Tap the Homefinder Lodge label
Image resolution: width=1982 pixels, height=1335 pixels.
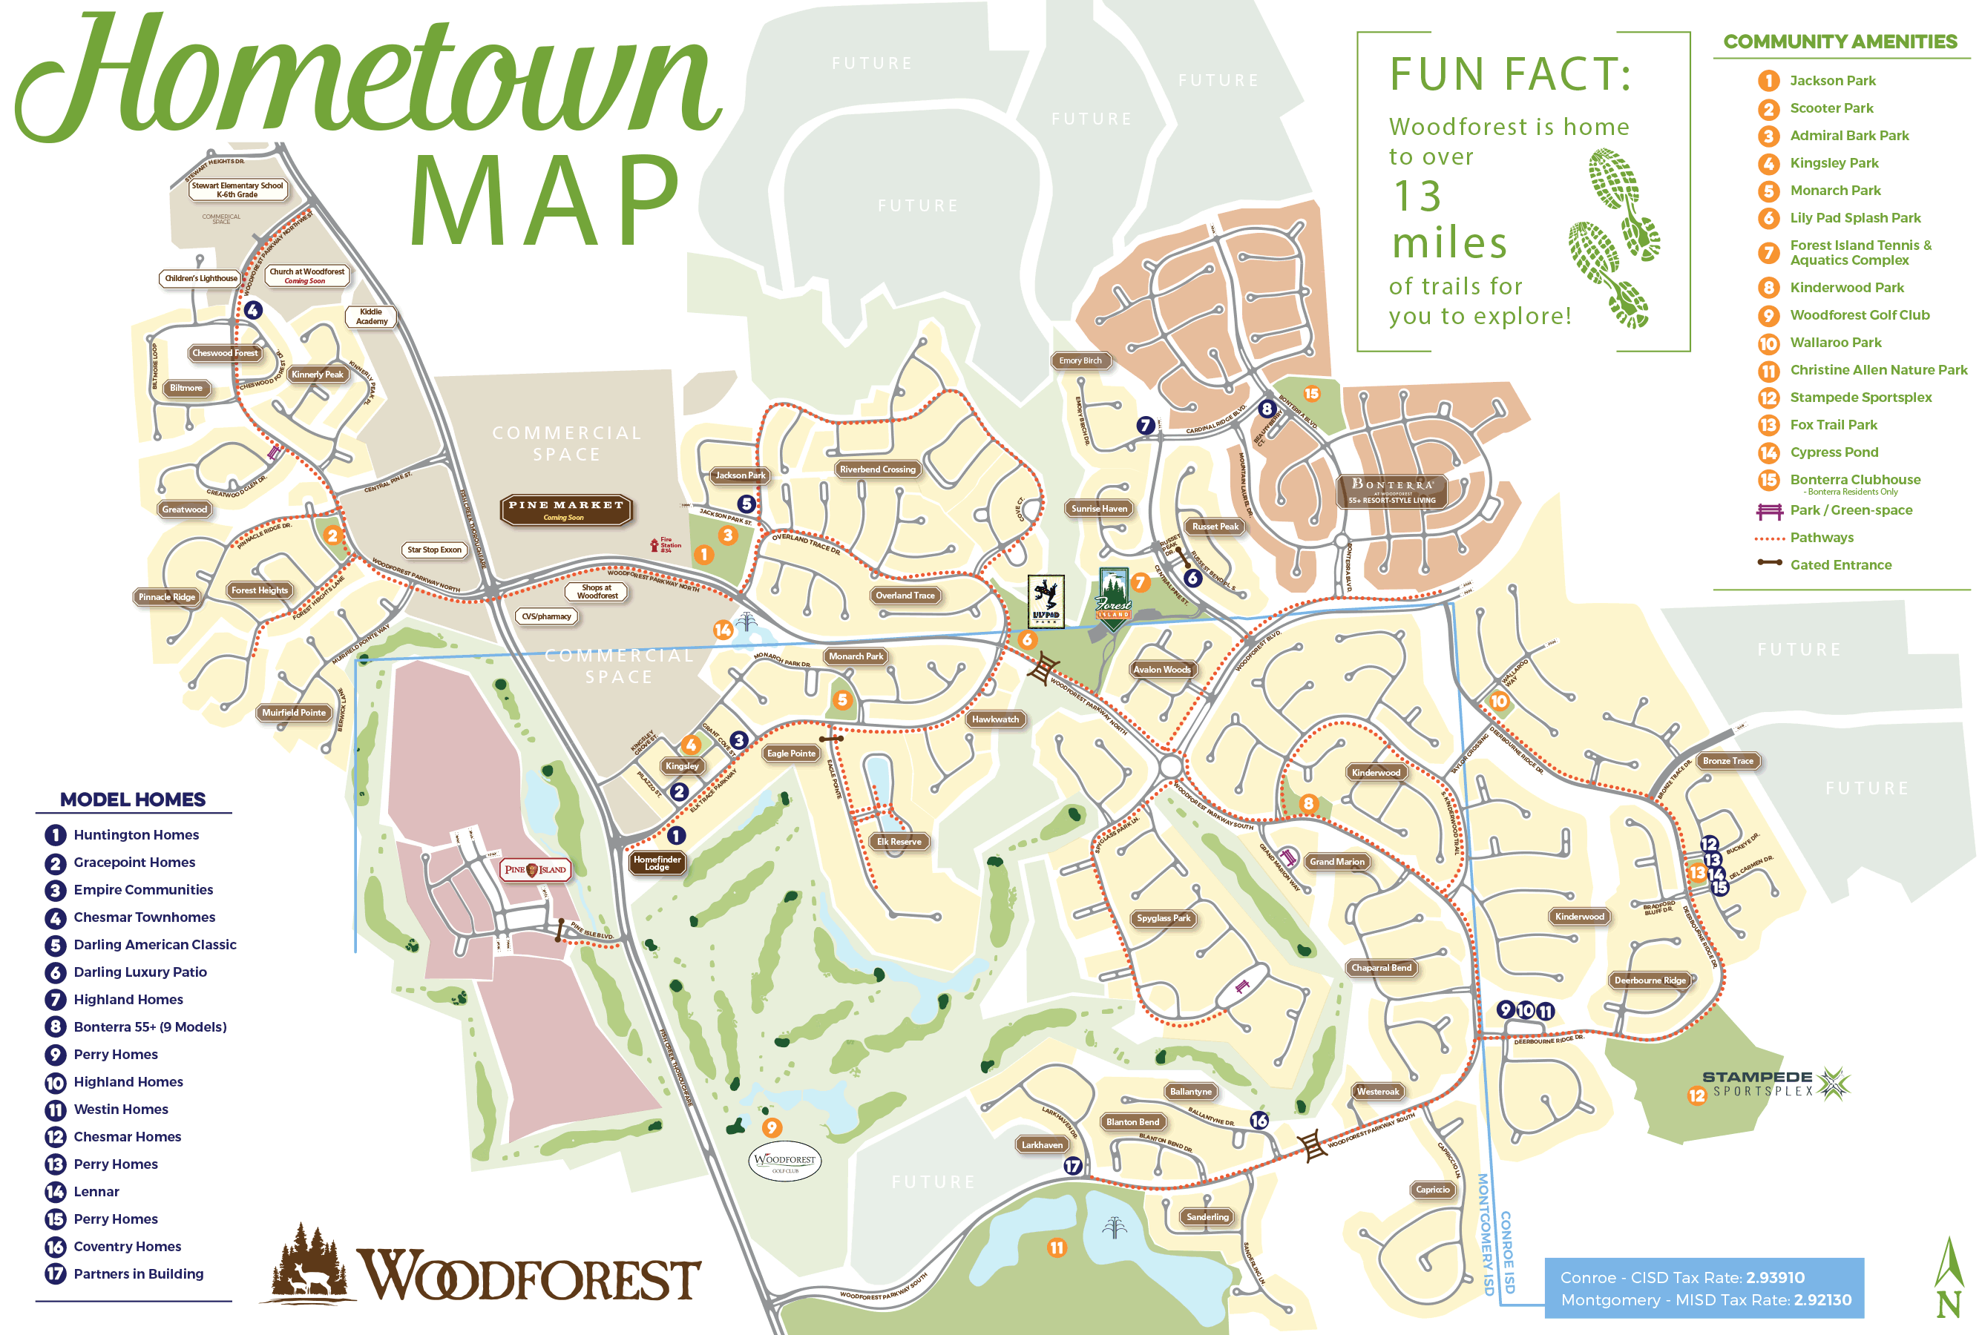point(657,863)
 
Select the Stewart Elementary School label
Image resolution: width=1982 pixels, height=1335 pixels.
point(237,189)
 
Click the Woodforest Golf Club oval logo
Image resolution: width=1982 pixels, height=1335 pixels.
point(784,1161)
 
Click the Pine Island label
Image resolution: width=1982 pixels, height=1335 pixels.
point(535,869)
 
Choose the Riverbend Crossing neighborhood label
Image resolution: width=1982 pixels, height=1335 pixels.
point(877,469)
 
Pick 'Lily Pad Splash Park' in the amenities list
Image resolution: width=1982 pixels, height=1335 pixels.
point(1854,218)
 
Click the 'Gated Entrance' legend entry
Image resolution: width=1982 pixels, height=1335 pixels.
point(1840,564)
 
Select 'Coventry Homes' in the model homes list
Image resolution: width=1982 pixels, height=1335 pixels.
point(127,1247)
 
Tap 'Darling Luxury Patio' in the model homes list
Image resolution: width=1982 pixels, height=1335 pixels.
point(140,972)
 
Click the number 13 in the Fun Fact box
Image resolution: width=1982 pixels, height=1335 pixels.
point(1417,196)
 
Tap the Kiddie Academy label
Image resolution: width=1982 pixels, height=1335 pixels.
point(371,317)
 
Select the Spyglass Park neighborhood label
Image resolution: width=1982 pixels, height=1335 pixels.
point(1163,918)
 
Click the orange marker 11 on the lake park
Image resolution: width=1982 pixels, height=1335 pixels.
point(1056,1248)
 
